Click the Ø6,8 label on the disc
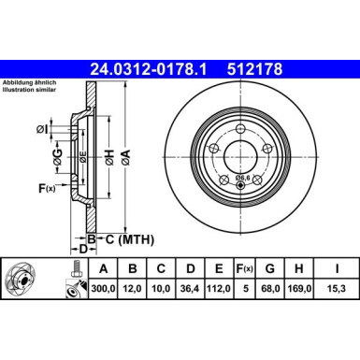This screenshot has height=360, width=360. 246,177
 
